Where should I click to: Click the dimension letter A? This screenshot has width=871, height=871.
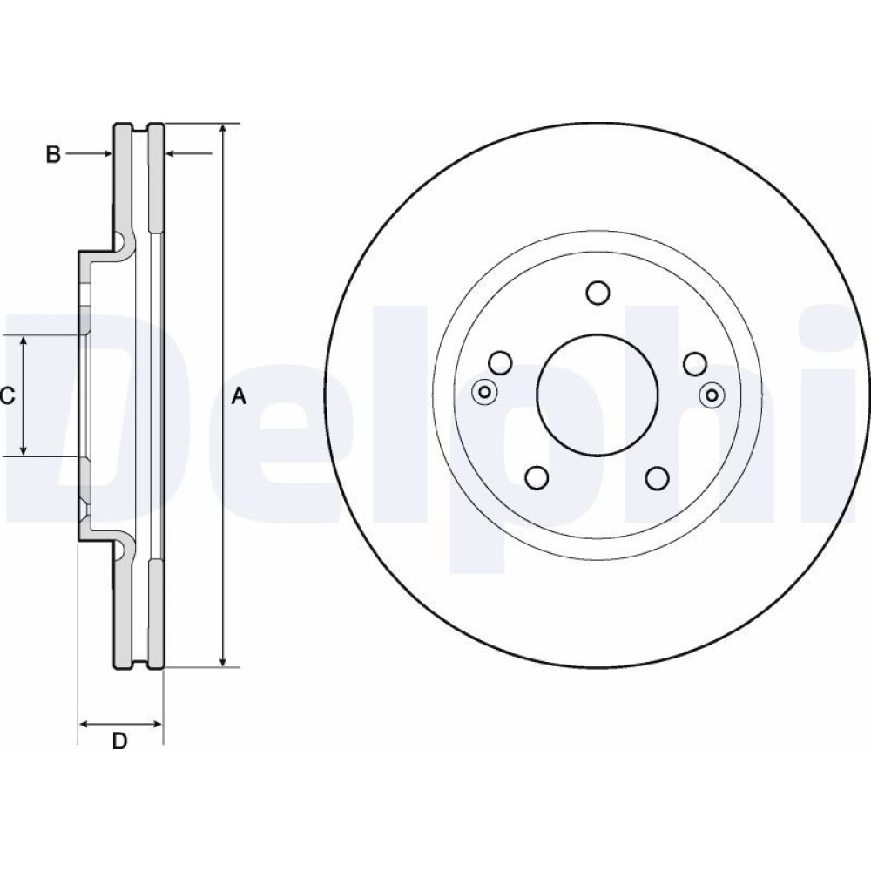[x=239, y=396]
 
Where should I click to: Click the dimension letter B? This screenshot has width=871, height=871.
[x=53, y=154]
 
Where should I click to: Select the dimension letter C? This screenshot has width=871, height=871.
[x=7, y=396]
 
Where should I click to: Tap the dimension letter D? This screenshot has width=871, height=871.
[x=119, y=740]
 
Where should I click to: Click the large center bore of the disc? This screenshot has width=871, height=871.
[x=598, y=394]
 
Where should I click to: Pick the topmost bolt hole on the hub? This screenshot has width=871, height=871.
[x=598, y=293]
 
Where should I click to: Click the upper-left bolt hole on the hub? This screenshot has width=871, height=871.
[x=500, y=362]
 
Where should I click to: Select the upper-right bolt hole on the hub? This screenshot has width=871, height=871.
[x=695, y=363]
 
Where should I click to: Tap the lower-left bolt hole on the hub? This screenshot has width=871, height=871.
[x=537, y=477]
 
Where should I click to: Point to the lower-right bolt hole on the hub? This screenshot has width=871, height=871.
[x=657, y=477]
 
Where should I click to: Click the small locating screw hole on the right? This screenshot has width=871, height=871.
[x=712, y=395]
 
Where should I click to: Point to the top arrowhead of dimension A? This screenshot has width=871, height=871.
[x=223, y=129]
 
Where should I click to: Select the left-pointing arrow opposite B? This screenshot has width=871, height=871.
[x=189, y=153]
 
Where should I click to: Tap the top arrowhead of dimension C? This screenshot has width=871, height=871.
[x=24, y=341]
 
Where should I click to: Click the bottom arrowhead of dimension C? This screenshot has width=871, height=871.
[x=24, y=449]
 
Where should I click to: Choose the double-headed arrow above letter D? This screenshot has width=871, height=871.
[x=120, y=724]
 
